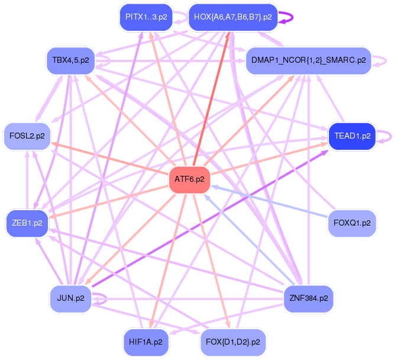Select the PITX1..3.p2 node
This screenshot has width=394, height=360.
pos(146,17)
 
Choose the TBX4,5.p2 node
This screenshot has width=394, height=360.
pos(70,60)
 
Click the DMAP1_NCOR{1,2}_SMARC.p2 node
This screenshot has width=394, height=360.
pos(308,60)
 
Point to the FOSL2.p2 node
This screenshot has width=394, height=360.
pos(28,136)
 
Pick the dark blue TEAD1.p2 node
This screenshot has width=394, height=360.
pos(352,136)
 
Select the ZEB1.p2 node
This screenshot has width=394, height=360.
pos(27,223)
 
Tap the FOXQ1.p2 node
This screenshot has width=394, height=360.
pos(352,223)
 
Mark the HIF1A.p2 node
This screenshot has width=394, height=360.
pos(146,342)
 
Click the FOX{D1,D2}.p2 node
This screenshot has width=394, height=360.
pos(233,342)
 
